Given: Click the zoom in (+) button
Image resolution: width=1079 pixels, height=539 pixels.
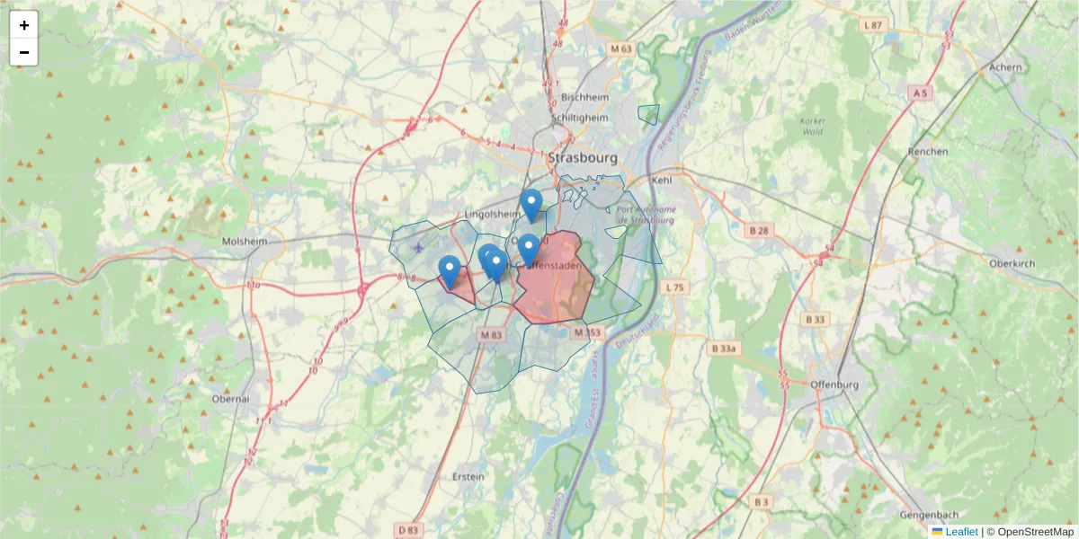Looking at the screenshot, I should click(x=24, y=25).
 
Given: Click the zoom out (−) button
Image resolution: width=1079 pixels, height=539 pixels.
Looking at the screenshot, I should click(x=24, y=52).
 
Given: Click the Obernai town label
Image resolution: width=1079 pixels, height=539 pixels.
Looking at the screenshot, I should click(x=229, y=398).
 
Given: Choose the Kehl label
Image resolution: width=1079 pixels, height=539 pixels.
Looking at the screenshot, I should click(x=662, y=181).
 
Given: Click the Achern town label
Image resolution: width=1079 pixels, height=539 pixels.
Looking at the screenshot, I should click(x=1005, y=67).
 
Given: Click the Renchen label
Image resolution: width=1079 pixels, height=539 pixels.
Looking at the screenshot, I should click(x=928, y=152).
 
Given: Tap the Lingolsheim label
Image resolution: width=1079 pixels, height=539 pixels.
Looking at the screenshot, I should click(x=492, y=214).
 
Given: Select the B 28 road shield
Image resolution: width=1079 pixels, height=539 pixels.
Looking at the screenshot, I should click(x=760, y=231).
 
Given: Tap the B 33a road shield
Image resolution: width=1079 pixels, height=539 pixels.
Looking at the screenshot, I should click(x=725, y=349).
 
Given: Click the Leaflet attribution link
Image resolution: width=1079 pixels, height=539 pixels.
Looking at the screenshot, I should click(x=961, y=532).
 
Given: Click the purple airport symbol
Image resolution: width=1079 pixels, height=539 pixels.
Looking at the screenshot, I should click(x=418, y=246).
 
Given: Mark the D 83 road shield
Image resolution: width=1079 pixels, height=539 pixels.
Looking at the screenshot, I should click(x=408, y=530).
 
